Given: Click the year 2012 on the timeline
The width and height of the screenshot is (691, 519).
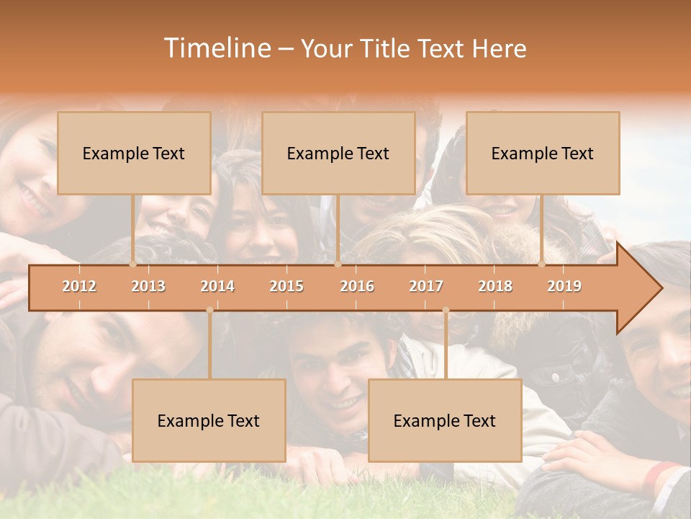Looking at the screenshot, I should click(x=79, y=286).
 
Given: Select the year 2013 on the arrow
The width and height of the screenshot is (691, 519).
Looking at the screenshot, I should click(x=148, y=286).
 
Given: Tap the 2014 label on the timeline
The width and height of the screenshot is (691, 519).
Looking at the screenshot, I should click(x=217, y=286).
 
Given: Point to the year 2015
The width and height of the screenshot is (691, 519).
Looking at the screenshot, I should click(x=286, y=286).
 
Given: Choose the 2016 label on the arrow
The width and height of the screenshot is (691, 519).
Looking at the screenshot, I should click(x=357, y=286).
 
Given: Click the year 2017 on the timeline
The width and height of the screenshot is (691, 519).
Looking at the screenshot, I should click(x=426, y=286).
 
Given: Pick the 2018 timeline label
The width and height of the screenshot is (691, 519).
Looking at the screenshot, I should click(x=495, y=286).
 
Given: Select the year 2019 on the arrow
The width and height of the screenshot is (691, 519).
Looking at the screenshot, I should click(x=564, y=286).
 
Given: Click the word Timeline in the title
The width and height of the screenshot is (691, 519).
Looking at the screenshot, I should click(x=216, y=48).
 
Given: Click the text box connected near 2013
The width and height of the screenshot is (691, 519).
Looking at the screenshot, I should click(x=134, y=153).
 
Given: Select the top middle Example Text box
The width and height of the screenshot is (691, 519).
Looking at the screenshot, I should click(x=338, y=153).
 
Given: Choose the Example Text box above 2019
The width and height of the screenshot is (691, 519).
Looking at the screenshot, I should click(x=543, y=153).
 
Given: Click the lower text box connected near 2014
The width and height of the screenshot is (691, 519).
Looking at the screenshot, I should click(x=209, y=420).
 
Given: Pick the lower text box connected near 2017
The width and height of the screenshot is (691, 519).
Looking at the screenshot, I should click(x=445, y=420).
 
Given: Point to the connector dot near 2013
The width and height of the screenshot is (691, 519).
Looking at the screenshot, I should click(x=132, y=264).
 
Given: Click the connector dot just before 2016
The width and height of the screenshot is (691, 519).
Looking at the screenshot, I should click(x=338, y=264).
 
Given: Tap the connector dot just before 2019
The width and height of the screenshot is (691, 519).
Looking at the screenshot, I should click(x=541, y=264).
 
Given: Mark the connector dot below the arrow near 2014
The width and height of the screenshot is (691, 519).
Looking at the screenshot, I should click(x=209, y=310).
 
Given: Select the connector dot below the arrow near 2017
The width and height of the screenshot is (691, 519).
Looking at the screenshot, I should click(x=446, y=310).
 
